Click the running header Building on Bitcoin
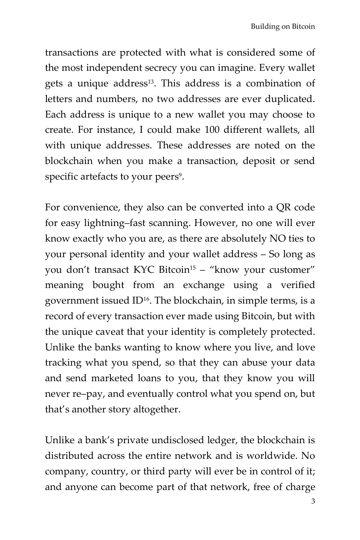pyautogui.click(x=283, y=27)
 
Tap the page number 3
pyautogui.click(x=313, y=501)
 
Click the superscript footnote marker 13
pyautogui.click(x=151, y=82)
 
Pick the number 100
pyautogui.click(x=212, y=130)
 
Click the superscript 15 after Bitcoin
pyautogui.click(x=192, y=268)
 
